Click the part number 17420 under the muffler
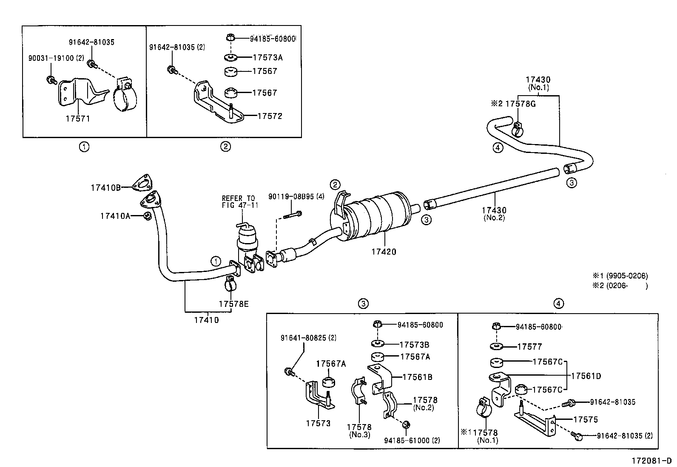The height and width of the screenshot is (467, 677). point(384,252)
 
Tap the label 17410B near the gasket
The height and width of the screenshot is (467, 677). point(106,187)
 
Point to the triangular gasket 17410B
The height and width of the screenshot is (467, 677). point(141,183)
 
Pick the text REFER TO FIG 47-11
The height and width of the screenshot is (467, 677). point(238,201)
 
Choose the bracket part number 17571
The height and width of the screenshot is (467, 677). point(78,119)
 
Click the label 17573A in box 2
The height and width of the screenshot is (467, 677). point(267,57)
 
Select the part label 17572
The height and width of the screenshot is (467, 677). point(270,116)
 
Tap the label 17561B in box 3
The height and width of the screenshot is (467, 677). point(417,377)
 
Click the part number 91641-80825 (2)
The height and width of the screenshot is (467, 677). point(308,338)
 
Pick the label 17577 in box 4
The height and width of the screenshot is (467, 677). point(529,347)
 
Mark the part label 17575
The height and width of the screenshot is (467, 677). point(586,419)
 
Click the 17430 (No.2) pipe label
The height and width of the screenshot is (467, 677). point(494,213)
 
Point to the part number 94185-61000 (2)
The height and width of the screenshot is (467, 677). point(412,440)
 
